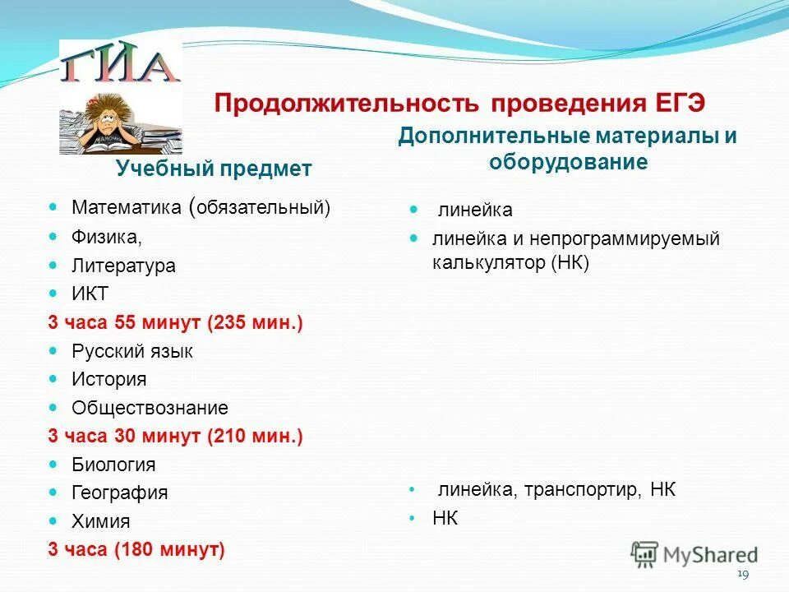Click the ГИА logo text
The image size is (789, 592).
[120, 66]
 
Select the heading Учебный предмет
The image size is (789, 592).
[214, 169]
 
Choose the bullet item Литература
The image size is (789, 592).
[123, 266]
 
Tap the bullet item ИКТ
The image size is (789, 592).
[90, 294]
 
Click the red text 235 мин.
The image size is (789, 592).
[256, 323]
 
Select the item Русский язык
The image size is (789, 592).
[132, 351]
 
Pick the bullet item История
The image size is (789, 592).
[108, 380]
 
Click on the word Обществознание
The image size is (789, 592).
[150, 408]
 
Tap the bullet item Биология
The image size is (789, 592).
[113, 465]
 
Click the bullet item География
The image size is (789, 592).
[119, 493]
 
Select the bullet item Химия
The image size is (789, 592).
[100, 521]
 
